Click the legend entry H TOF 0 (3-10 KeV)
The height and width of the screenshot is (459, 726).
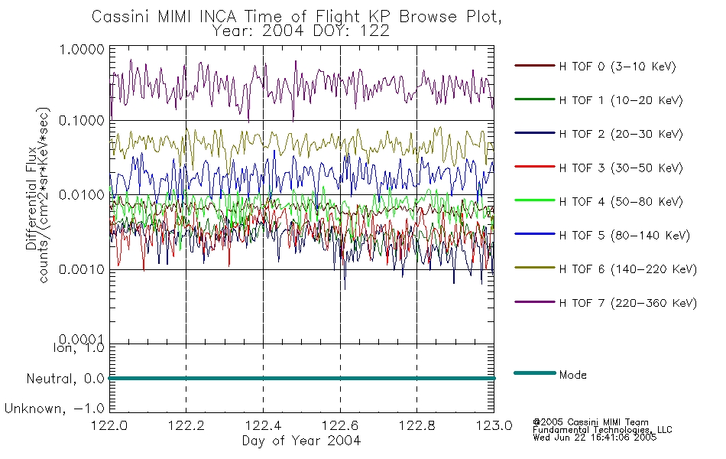617,67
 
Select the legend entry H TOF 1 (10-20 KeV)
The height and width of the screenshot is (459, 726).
621,100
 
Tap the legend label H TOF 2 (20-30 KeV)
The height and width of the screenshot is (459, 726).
621,134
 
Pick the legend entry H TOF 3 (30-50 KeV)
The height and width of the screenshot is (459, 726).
621,168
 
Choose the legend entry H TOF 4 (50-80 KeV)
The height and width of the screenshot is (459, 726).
621,202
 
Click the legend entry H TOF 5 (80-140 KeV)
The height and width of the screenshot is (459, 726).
624,236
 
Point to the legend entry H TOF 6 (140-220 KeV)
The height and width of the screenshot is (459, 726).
627,269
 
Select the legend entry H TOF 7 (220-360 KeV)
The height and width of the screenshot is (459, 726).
627,303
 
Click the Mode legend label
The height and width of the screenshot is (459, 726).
572,375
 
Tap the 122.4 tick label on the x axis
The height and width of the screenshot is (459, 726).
263,425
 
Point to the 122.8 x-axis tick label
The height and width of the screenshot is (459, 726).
416,425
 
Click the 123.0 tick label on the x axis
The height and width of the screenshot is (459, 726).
494,425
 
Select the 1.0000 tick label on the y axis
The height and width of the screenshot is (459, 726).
82,49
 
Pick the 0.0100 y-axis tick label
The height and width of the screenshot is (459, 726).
82,195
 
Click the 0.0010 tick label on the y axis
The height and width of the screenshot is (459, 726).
82,269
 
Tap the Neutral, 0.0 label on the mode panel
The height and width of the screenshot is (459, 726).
65,379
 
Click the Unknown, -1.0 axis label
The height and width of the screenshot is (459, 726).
54,409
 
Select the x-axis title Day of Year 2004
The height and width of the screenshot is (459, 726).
301,441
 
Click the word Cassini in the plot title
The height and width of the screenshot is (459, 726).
121,17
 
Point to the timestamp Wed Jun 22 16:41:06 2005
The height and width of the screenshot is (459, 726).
595,438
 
